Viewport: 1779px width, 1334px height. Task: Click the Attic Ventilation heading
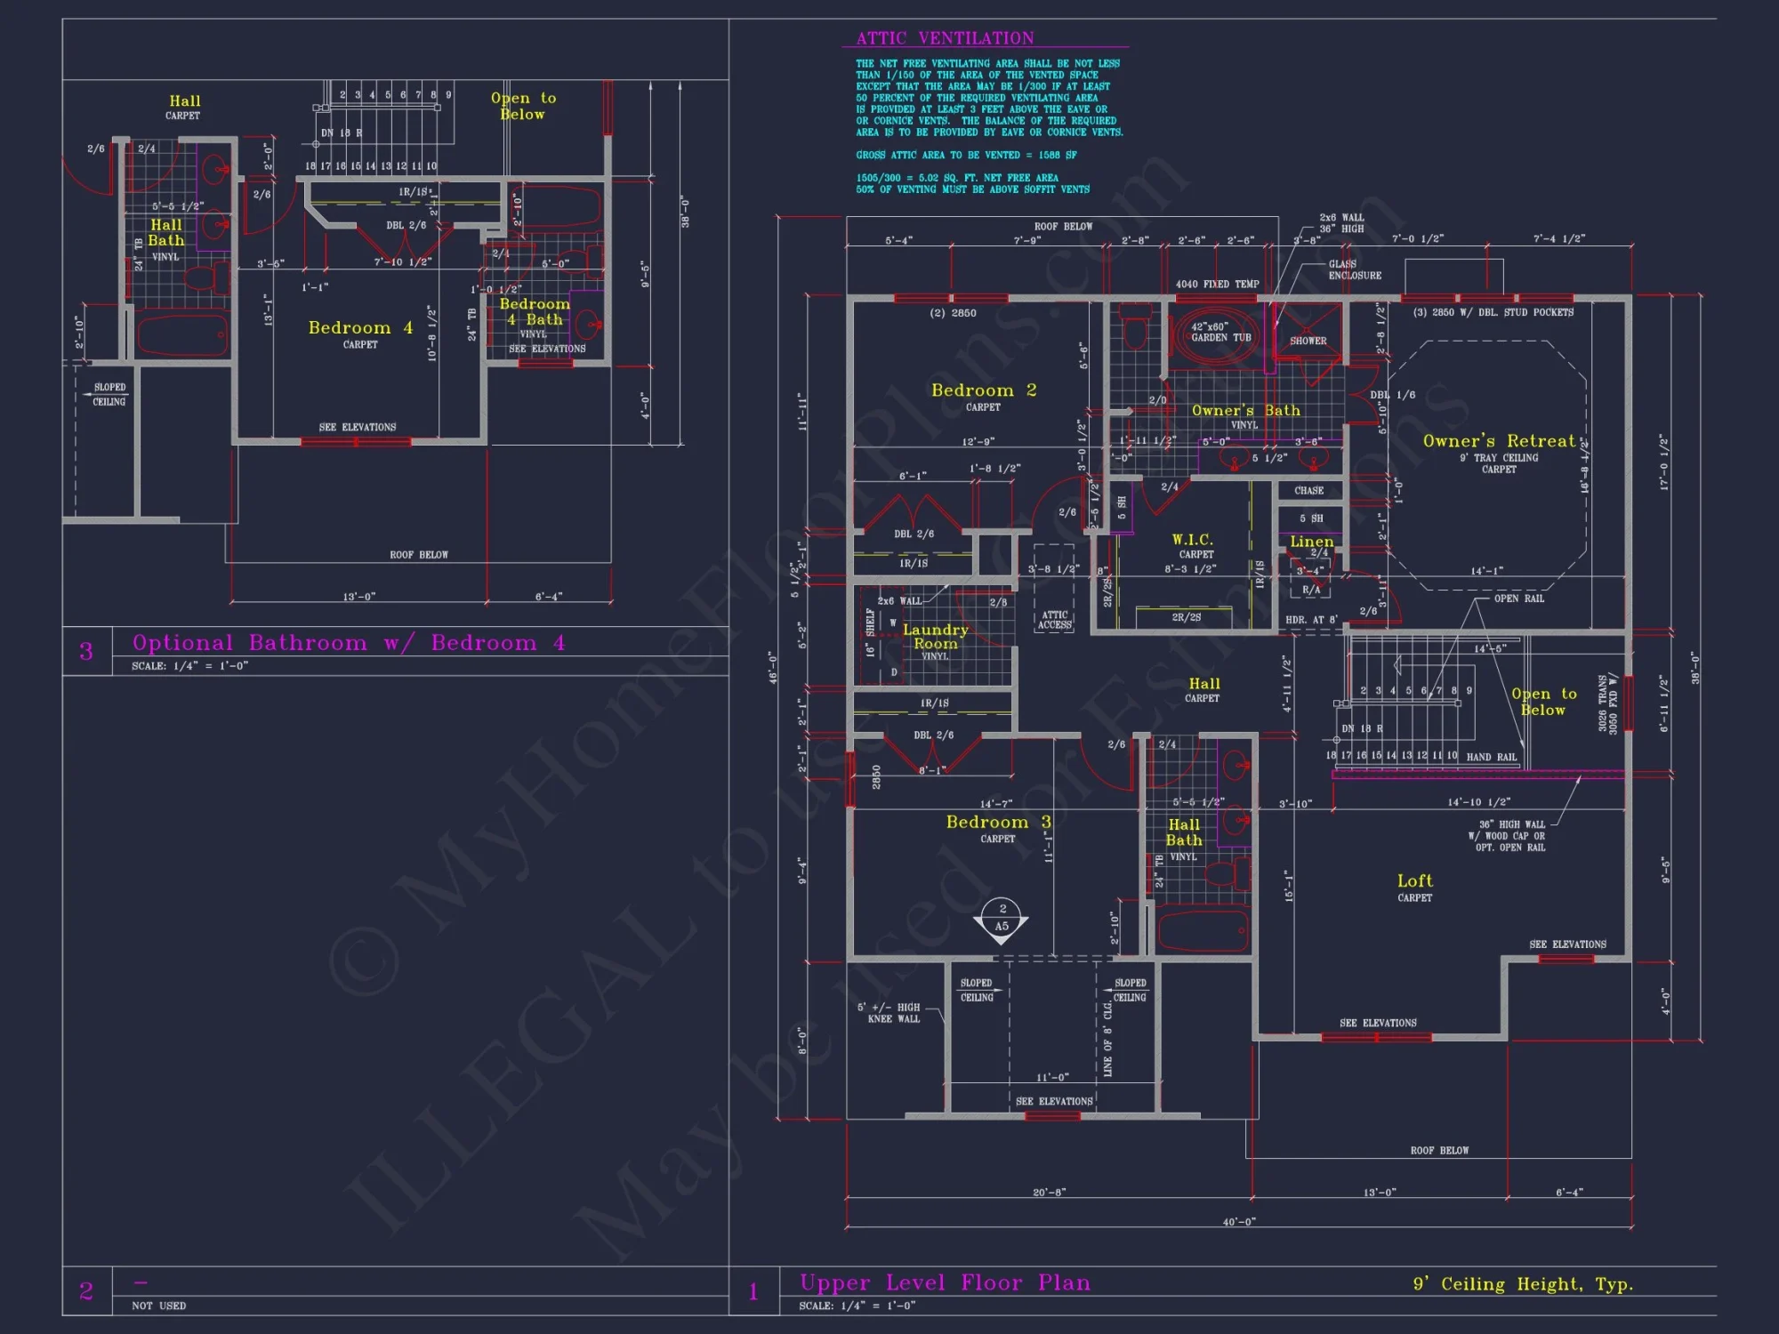coord(945,38)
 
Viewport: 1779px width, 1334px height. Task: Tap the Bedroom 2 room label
coord(983,390)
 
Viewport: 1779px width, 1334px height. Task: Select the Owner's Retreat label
coord(1499,441)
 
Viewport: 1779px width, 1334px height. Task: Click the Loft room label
coord(1414,881)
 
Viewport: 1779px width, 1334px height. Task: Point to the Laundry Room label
coord(935,636)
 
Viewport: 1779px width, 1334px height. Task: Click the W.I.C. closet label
coord(1192,540)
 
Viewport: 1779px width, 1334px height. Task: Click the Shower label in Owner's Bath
coord(1308,341)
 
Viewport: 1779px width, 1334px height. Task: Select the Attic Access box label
coord(1054,620)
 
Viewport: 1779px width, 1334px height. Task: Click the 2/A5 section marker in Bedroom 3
coord(1002,918)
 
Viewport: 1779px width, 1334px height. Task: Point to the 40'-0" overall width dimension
coord(1238,1222)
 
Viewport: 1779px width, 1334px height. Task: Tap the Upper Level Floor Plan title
coord(944,1282)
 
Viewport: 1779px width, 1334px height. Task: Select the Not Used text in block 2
coord(158,1306)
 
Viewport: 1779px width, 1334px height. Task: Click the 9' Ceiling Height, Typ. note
coord(1523,1284)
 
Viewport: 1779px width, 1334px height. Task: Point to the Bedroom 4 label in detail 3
coord(359,328)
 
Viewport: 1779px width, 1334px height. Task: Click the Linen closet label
coord(1311,542)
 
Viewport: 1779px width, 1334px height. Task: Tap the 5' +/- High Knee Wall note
coord(888,1013)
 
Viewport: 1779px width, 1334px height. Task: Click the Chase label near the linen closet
coord(1308,491)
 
